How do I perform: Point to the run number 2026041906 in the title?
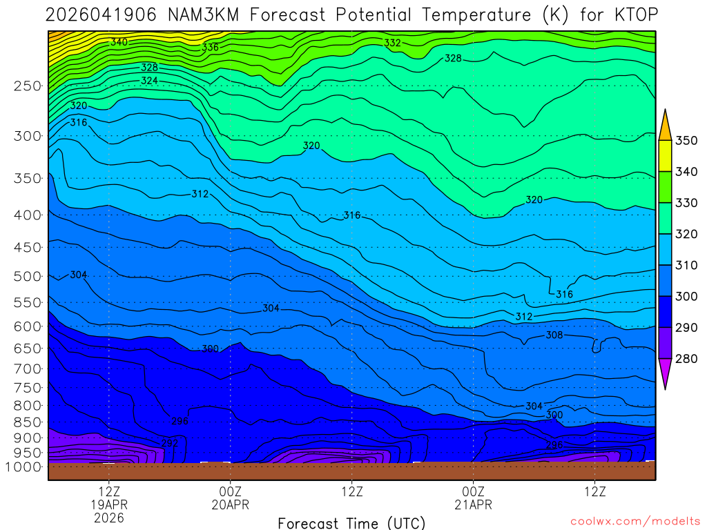click(x=93, y=14)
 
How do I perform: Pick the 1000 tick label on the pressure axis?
click(x=23, y=467)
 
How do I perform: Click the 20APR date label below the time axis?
click(x=230, y=504)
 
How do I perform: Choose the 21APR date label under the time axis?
click(x=473, y=504)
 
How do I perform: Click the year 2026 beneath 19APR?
click(x=109, y=517)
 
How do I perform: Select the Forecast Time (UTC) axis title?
click(x=351, y=523)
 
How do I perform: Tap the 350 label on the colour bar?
click(x=686, y=141)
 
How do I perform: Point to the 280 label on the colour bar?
click(x=686, y=359)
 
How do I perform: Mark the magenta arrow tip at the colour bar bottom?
click(x=665, y=376)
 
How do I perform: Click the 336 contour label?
click(x=210, y=48)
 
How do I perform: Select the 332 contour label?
click(x=392, y=43)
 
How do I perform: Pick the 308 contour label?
click(x=554, y=335)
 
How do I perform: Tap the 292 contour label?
click(x=170, y=442)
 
